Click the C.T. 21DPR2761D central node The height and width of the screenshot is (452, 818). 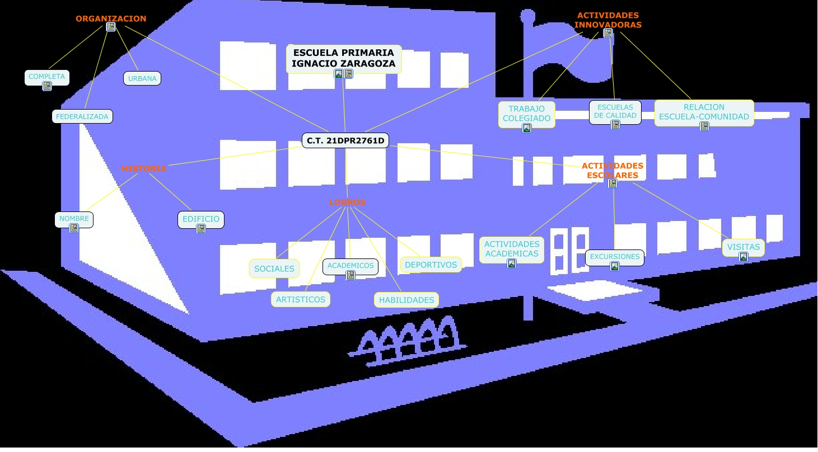[345, 140]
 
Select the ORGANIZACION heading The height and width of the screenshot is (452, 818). [111, 18]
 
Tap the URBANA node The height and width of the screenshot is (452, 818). [142, 79]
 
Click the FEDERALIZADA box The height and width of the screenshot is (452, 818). [82, 117]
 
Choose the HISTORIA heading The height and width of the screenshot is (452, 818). [144, 168]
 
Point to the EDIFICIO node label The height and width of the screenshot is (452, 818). [201, 219]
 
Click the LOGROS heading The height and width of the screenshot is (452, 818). [347, 202]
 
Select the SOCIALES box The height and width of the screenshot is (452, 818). [274, 269]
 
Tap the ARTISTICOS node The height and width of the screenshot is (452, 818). [301, 299]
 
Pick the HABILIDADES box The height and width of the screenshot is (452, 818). [406, 300]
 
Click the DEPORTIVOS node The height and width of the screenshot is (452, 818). [431, 265]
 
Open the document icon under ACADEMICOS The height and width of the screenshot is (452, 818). [350, 275]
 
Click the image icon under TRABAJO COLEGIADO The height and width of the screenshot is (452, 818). [527, 128]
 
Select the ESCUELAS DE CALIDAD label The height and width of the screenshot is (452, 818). [615, 111]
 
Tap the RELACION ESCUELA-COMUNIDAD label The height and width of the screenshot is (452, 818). [704, 112]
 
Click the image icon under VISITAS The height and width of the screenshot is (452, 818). [744, 257]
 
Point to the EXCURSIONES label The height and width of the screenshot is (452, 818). [615, 257]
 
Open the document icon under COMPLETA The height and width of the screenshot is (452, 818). [47, 86]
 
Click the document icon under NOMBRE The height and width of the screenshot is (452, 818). [74, 228]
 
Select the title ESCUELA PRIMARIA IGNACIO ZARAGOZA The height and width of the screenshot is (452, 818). [344, 58]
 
